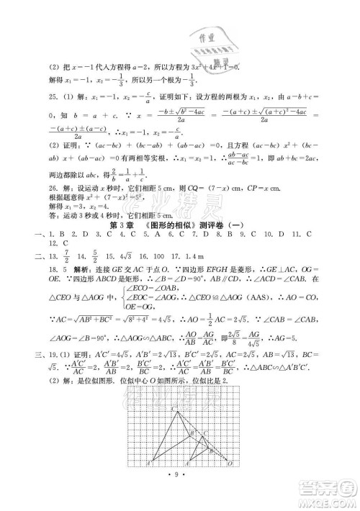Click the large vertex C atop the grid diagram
153,408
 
